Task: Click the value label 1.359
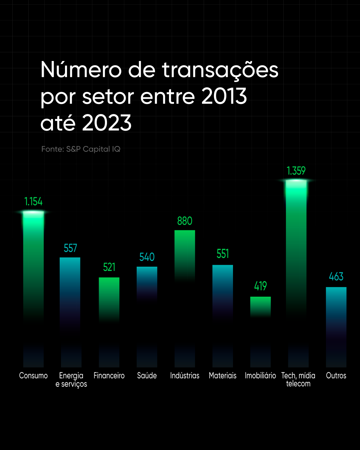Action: click(296, 171)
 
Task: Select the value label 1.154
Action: click(33, 202)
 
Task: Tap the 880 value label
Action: click(185, 221)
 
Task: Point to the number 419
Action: click(260, 286)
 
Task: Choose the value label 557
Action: click(70, 248)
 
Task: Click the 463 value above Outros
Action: click(336, 277)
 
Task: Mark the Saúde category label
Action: click(147, 376)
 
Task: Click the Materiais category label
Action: click(223, 376)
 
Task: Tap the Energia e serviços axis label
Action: click(71, 380)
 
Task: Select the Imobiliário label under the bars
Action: click(260, 376)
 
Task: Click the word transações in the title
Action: click(220, 71)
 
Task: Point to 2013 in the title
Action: click(224, 96)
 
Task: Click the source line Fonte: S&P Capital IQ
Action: click(81, 149)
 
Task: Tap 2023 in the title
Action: click(107, 123)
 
